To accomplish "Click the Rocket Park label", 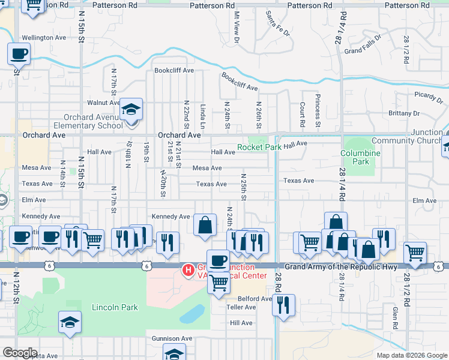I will [x=259, y=147].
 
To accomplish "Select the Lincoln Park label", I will [x=115, y=307].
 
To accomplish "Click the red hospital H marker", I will [x=188, y=271].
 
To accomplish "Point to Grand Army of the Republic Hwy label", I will [x=341, y=266].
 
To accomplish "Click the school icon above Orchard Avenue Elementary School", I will [x=130, y=110].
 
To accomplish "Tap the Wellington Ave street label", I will [x=44, y=37].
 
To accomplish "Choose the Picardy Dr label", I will [x=428, y=95].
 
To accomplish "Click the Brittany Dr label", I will [x=403, y=113].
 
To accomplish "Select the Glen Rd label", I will [x=395, y=318].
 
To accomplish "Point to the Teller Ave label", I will [x=241, y=307].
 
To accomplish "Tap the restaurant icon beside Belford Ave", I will [x=283, y=305].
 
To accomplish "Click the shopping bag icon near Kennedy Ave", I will [x=205, y=226].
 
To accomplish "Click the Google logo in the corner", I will [x=20, y=353].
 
